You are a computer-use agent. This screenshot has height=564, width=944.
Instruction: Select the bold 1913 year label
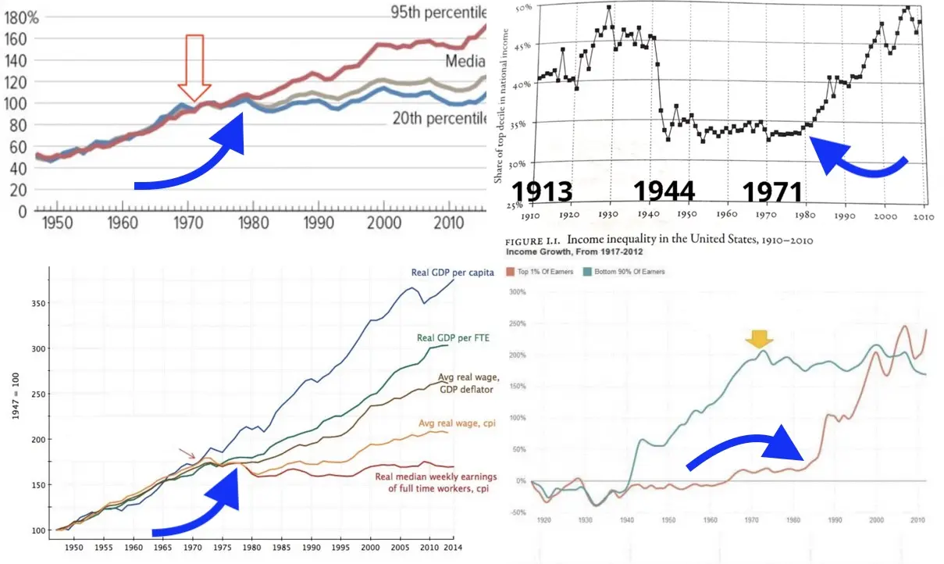click(x=542, y=192)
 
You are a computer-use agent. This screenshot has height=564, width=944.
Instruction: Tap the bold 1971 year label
click(x=771, y=192)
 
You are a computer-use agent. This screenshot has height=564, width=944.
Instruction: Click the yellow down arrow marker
click(x=758, y=339)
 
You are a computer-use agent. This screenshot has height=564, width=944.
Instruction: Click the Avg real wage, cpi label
click(x=446, y=423)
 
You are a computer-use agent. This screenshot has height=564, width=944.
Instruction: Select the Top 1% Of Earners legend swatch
click(x=511, y=271)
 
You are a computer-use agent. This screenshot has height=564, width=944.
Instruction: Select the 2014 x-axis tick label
click(x=451, y=549)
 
